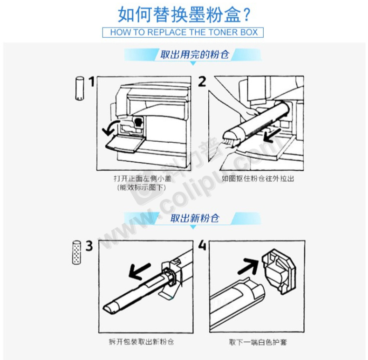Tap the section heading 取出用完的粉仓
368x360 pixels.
195,55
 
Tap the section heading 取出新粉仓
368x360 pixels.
195,218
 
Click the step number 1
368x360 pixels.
91,82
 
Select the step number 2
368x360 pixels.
202,82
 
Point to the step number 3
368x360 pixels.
89,246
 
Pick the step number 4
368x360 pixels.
202,246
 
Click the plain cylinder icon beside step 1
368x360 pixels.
80,89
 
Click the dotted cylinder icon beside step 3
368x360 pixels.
76,252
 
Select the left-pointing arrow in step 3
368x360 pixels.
139,271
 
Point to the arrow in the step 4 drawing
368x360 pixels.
248,266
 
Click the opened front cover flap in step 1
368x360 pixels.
124,143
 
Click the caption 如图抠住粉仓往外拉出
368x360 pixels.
258,179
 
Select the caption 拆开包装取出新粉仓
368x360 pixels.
142,341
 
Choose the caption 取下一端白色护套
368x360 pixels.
258,342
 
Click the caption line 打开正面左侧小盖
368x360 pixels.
143,179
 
